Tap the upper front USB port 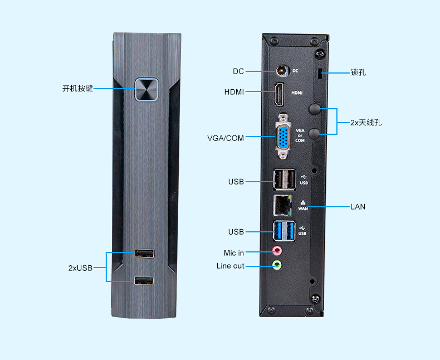pyautogui.click(x=144, y=254)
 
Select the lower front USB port pyautogui.click(x=144, y=281)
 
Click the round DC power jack pyautogui.click(x=283, y=71)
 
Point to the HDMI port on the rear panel pyautogui.click(x=278, y=94)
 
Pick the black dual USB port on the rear pyautogui.click(x=283, y=179)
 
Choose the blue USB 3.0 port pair pyautogui.click(x=283, y=231)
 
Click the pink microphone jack pyautogui.click(x=277, y=252)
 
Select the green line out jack pyautogui.click(x=277, y=266)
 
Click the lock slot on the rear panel pyautogui.click(x=319, y=73)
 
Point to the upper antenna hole pyautogui.click(x=315, y=109)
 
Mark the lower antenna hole pyautogui.click(x=315, y=133)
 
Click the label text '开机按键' pyautogui.click(x=77, y=89)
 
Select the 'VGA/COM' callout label pyautogui.click(x=226, y=138)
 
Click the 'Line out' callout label pyautogui.click(x=230, y=266)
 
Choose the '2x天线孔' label pyautogui.click(x=366, y=122)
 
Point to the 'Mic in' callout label pyautogui.click(x=234, y=253)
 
